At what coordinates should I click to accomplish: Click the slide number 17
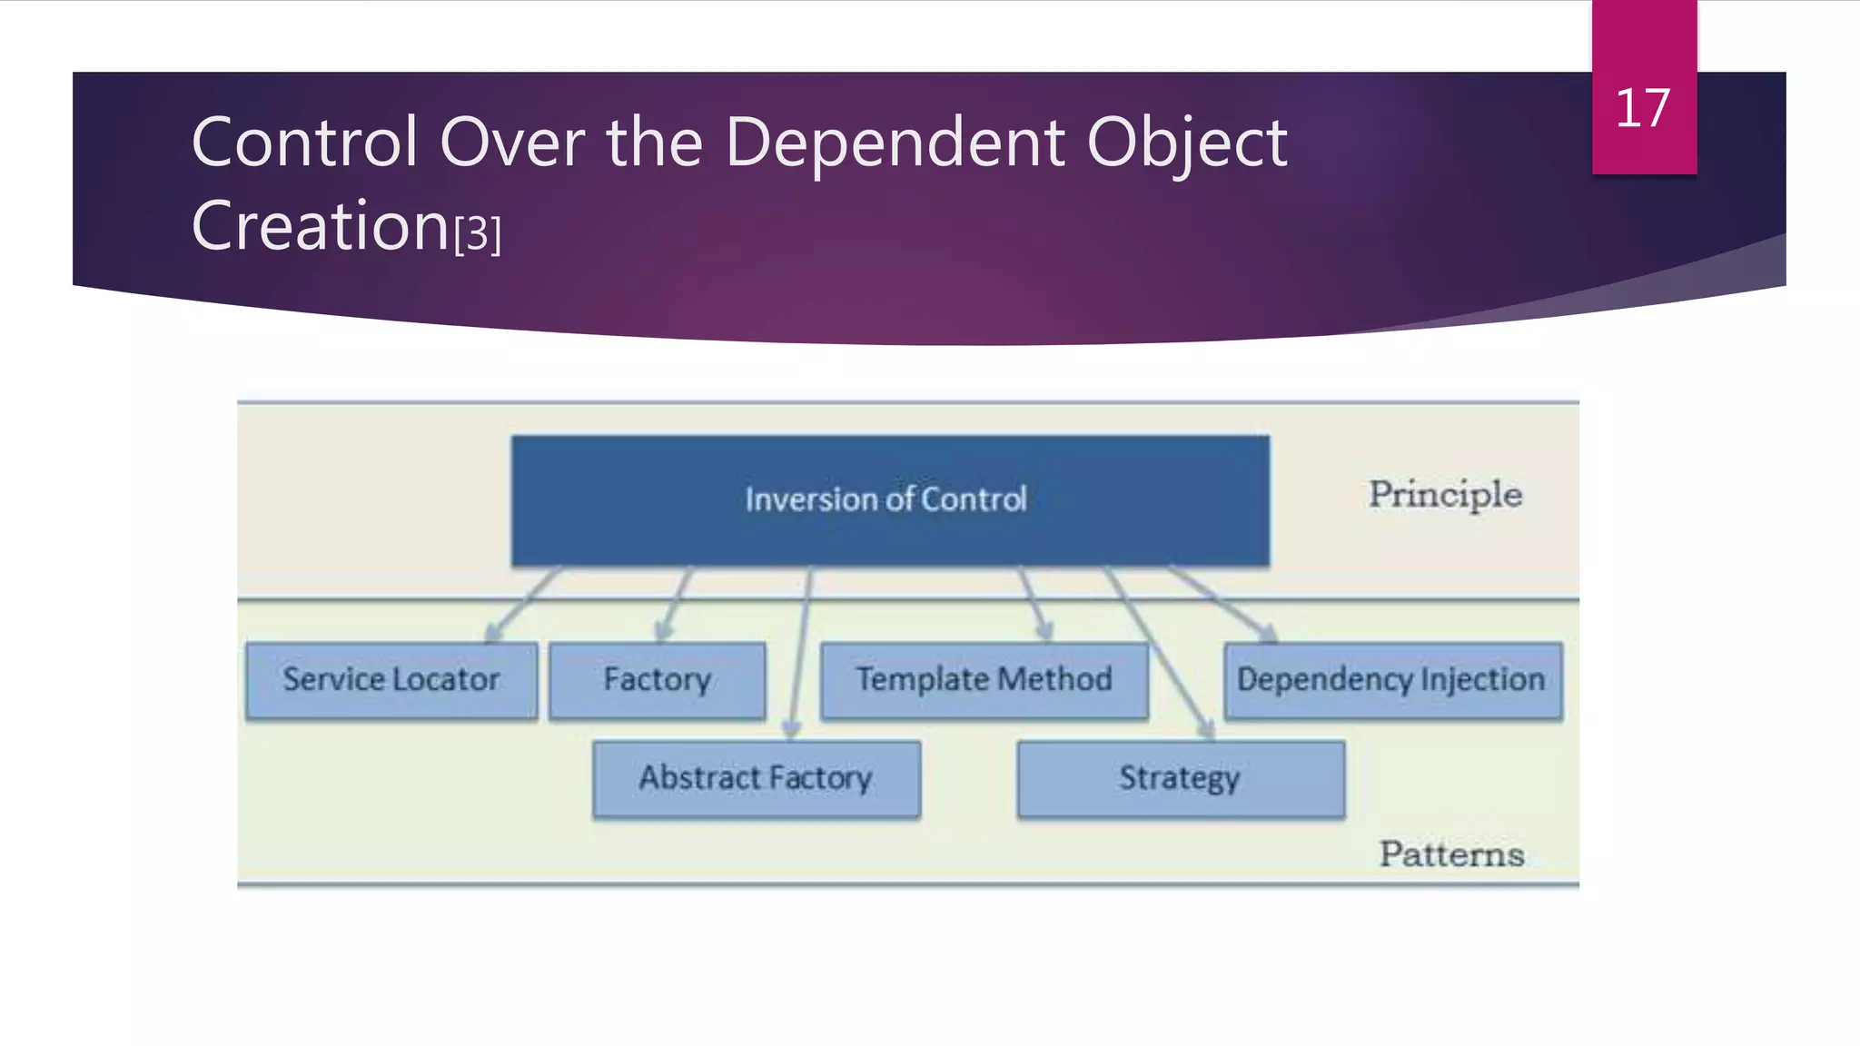tap(1642, 109)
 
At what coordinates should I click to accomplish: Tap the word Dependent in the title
tap(895, 143)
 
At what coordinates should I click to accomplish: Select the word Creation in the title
tap(321, 226)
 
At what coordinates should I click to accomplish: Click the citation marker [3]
tap(478, 233)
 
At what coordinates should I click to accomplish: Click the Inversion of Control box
tap(889, 500)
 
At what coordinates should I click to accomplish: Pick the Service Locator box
tap(391, 681)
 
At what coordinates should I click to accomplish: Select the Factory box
tap(657, 681)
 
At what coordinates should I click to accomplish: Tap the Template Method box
tap(984, 681)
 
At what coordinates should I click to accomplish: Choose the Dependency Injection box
tap(1391, 681)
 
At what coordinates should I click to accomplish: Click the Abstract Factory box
tap(756, 779)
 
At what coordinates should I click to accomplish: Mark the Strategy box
tap(1180, 779)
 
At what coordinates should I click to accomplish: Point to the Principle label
tap(1445, 495)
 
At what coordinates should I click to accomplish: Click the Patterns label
tap(1451, 854)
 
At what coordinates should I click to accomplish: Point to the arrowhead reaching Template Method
tap(1045, 631)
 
